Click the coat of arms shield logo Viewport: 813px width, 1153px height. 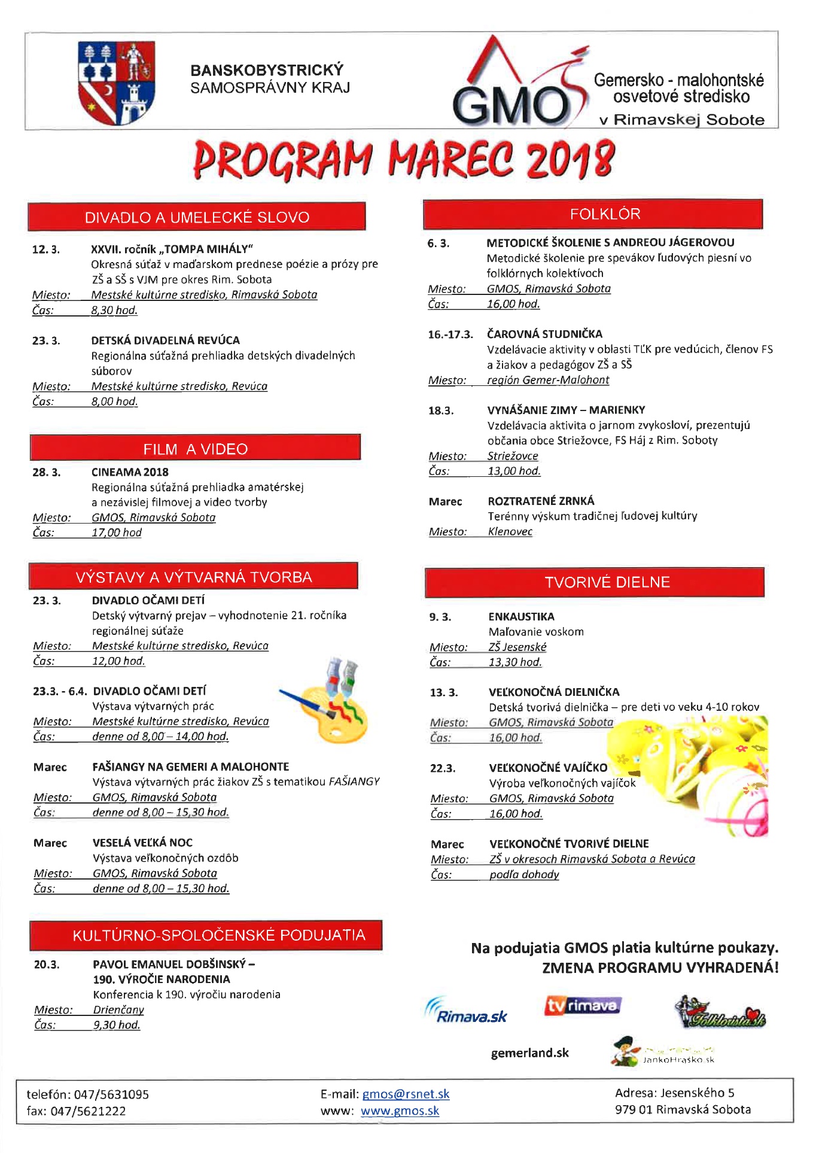point(117,82)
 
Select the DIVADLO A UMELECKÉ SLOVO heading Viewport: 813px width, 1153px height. point(197,217)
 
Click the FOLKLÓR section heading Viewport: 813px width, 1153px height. point(593,214)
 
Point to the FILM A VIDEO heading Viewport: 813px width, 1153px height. point(195,448)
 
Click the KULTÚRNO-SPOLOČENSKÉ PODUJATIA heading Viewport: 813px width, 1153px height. point(206,935)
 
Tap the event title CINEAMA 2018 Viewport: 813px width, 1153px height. point(130,472)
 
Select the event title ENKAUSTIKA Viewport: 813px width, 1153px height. point(521,616)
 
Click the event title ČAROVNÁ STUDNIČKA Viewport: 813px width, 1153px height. point(544,334)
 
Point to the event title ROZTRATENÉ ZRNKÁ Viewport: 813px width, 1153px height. point(541,501)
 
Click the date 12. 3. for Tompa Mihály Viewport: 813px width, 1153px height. point(46,250)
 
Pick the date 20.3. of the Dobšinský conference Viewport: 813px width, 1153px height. point(47,964)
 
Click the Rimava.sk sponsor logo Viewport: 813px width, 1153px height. point(466,1011)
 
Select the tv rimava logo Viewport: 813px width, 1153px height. point(583,1005)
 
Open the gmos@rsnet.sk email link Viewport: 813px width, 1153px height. point(406,1094)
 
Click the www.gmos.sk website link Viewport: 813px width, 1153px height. point(400,1111)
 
